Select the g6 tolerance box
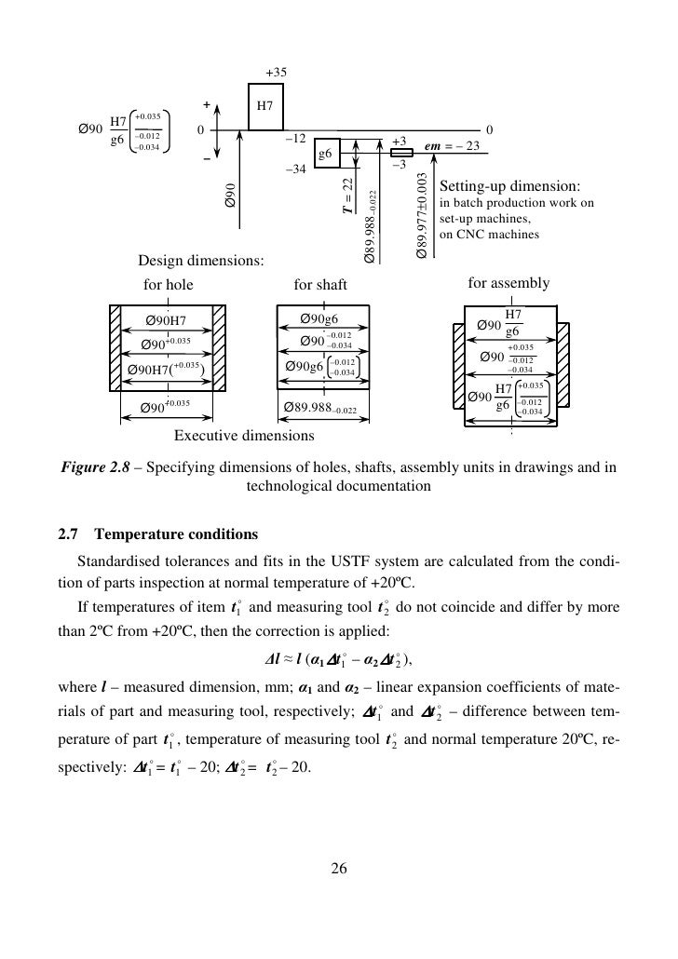[326, 155]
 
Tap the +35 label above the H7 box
[276, 72]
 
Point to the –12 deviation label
[295, 139]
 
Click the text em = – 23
[451, 146]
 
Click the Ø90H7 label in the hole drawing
[167, 322]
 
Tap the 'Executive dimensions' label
[244, 435]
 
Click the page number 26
[338, 870]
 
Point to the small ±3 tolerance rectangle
[402, 152]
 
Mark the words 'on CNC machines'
[489, 236]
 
